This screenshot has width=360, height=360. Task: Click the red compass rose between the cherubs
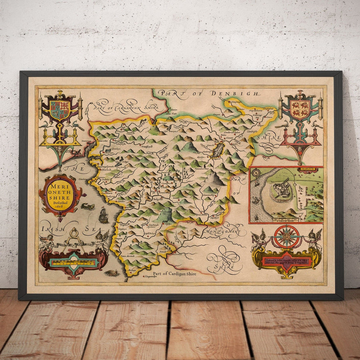[x=286, y=236]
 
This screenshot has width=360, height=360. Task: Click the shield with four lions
[x=300, y=109]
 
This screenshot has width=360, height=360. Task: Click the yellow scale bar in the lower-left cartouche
[x=73, y=262]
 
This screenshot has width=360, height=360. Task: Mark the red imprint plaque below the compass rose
[x=286, y=262]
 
